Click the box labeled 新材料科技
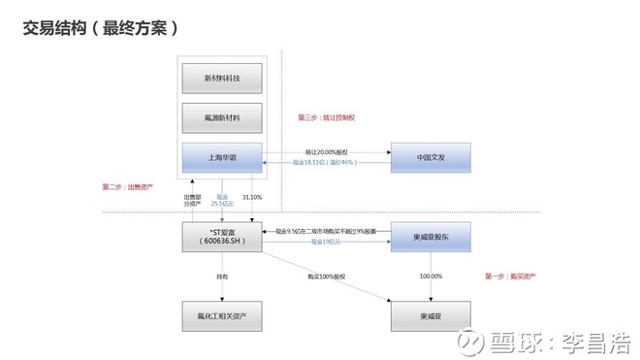[x=222, y=78]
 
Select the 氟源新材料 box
[x=222, y=118]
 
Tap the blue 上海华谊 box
[x=222, y=158]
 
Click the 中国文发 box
[x=430, y=158]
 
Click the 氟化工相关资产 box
[x=222, y=315]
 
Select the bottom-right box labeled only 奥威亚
[x=430, y=315]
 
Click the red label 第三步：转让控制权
[x=326, y=118]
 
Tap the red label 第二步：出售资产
[x=127, y=186]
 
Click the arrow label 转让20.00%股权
[x=326, y=151]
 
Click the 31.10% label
[x=252, y=197]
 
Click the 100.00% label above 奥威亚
[x=430, y=277]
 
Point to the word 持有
[x=222, y=277]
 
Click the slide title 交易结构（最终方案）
[x=100, y=28]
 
